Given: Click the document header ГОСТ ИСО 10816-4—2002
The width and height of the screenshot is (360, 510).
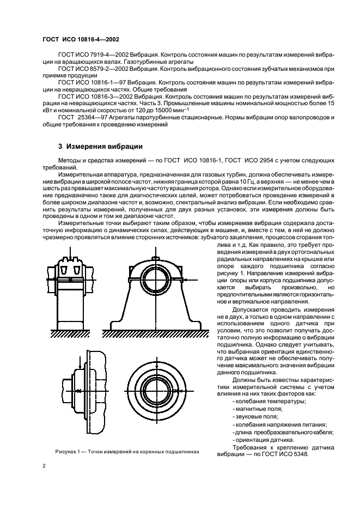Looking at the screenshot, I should tap(81, 39).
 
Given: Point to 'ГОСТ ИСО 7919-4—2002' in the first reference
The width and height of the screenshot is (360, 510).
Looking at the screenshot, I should tap(92, 56).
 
